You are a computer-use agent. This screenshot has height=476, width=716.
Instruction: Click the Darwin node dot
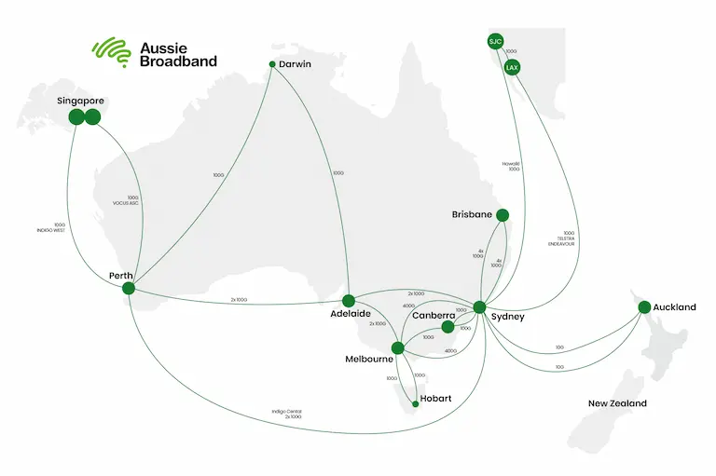(272, 64)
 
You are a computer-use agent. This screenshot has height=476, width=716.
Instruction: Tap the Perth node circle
(129, 289)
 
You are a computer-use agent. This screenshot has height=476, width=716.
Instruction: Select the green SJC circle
(495, 41)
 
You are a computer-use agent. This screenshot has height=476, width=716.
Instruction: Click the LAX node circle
(512, 67)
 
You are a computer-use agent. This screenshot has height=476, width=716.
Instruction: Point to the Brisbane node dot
(503, 215)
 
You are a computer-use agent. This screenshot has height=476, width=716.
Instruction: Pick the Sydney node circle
(479, 307)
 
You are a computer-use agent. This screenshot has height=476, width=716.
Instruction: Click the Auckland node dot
(643, 307)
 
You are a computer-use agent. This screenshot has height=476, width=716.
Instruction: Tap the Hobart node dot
(416, 404)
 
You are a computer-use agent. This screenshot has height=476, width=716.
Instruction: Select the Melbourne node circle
(398, 348)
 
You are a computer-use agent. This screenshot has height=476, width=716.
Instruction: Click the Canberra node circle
(447, 327)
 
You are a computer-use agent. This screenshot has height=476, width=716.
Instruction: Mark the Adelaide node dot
(349, 301)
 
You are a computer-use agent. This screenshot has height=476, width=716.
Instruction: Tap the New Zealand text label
(617, 403)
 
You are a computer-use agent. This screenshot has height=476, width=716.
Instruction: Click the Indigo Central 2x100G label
(288, 414)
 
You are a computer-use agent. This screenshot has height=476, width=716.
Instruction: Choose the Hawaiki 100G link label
(510, 167)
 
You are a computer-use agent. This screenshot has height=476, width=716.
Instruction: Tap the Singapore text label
(80, 101)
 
